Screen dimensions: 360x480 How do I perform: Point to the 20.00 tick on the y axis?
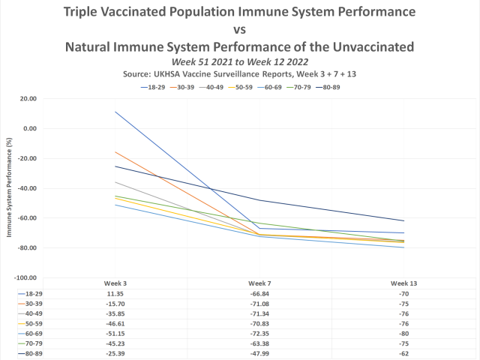coord(28,98)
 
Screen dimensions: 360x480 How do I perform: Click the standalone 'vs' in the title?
coord(239,30)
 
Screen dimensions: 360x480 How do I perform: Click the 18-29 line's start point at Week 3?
coord(115,112)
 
